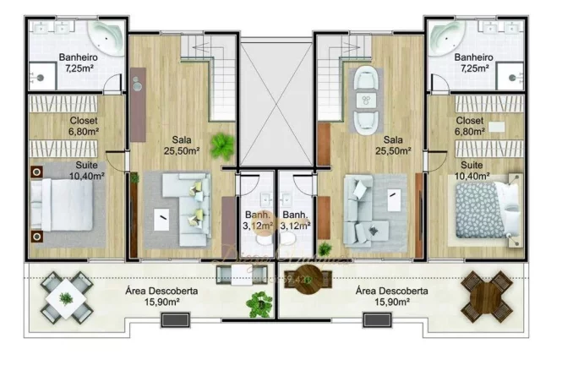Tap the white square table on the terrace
click(x=64, y=298)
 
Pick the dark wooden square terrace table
click(x=488, y=297)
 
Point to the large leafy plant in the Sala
click(x=221, y=145)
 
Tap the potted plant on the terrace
click(x=259, y=304)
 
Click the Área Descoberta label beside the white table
click(x=156, y=296)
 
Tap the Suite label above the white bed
click(x=89, y=172)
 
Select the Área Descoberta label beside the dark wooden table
click(x=390, y=296)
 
